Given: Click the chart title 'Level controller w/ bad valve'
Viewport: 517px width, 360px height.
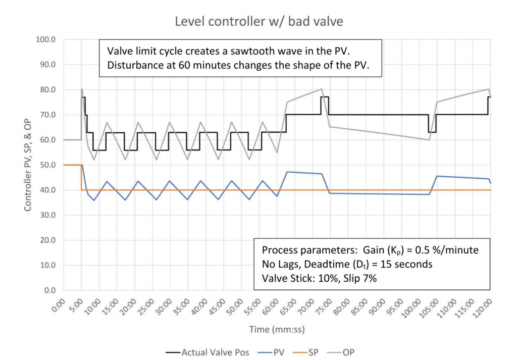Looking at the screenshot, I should (258, 22).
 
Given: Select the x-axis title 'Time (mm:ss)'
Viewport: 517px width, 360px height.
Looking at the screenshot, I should (276, 329).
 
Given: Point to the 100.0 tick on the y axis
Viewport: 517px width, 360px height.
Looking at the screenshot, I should (46, 39).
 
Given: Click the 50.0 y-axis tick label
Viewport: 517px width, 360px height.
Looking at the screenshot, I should (48, 165).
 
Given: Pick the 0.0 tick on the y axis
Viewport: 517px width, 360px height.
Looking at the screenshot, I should (49, 290).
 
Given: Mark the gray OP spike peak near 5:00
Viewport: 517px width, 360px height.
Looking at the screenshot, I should (82, 89).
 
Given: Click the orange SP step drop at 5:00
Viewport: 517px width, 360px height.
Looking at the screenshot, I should (81, 177).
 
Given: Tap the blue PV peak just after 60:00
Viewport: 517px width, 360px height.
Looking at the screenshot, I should (287, 172).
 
